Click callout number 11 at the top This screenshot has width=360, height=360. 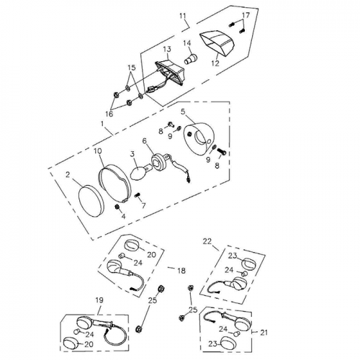181,15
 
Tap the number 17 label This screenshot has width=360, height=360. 246,16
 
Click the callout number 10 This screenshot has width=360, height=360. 97,151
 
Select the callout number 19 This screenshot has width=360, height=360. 99,300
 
